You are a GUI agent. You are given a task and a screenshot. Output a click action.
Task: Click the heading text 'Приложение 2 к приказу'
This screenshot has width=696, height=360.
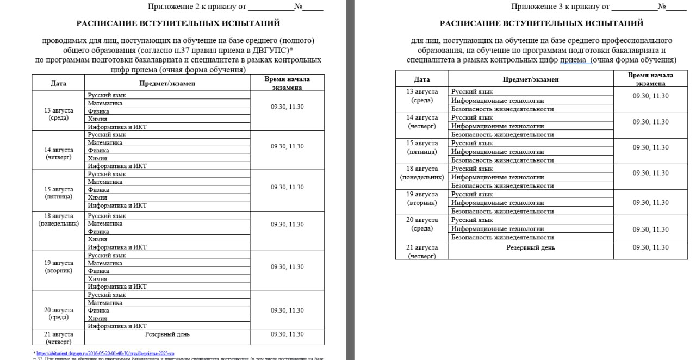(196, 7)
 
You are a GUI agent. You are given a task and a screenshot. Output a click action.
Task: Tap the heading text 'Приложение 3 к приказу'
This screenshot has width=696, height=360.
(560, 7)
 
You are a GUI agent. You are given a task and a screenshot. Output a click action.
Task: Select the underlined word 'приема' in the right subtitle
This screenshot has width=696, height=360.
(573, 60)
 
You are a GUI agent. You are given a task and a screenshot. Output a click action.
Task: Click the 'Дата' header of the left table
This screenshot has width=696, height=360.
(58, 83)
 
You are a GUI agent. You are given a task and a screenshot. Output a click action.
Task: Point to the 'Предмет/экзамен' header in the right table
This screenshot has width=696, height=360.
(530, 79)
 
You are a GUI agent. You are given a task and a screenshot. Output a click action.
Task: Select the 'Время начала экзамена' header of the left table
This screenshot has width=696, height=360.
(287, 83)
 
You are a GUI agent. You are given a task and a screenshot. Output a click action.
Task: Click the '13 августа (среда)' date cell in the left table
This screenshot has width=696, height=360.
(58, 114)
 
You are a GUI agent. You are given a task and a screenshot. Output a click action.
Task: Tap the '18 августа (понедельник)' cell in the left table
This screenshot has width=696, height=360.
(58, 219)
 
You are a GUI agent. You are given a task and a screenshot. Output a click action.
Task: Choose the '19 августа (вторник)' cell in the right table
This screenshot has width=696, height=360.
(422, 198)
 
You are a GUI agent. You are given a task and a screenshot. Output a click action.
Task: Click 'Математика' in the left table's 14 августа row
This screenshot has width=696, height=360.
(105, 142)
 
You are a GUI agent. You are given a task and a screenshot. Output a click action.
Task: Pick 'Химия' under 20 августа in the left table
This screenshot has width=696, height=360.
(97, 318)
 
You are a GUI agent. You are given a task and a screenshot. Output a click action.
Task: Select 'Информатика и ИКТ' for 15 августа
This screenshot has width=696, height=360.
(117, 206)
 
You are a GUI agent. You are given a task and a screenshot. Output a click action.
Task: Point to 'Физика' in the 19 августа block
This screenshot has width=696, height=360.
(98, 271)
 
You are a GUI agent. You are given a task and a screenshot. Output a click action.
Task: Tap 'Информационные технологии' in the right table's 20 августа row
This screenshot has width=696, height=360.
(498, 228)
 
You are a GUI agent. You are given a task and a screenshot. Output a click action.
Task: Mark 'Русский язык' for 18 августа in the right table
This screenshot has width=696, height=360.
(472, 169)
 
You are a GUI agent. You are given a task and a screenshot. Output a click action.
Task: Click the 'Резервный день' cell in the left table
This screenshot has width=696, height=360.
(167, 334)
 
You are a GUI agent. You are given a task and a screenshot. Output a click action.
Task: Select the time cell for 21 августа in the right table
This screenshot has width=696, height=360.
(650, 247)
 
